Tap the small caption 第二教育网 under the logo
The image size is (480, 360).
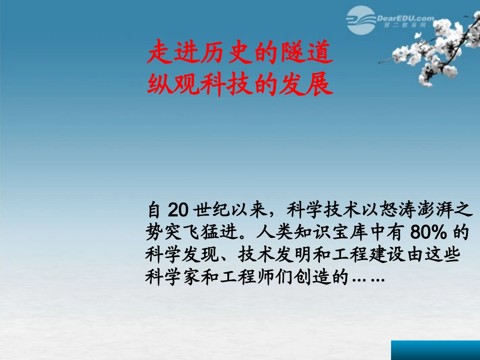402,25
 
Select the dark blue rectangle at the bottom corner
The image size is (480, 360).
435,350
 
